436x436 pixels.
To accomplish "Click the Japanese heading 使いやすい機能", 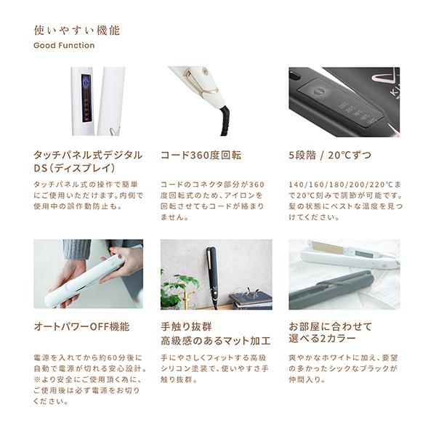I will click(77, 31).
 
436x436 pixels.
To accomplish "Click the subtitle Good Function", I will click(64, 46).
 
